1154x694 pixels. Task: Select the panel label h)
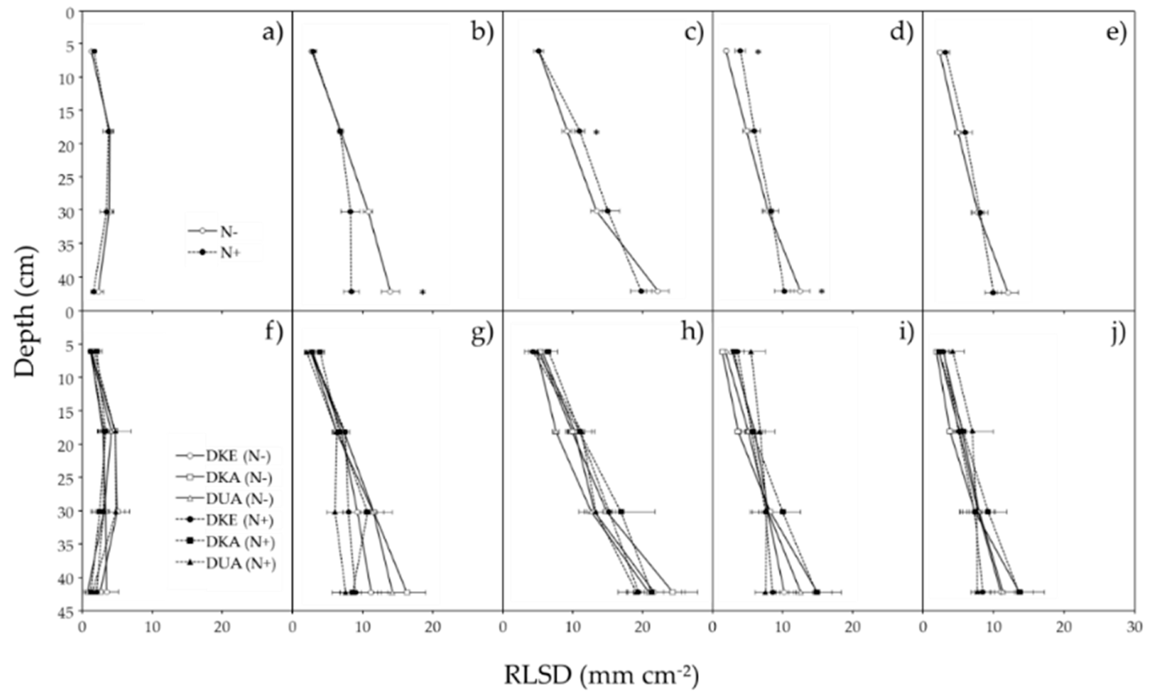[693, 333]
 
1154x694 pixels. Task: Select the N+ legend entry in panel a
[229, 252]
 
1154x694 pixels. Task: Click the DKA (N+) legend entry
[240, 541]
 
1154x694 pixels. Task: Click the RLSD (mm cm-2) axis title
[601, 676]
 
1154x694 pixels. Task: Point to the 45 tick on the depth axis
[68, 611]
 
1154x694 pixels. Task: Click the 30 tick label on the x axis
[1134, 627]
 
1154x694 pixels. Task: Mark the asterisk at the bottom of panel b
[422, 292]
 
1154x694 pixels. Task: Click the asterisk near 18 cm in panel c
[596, 132]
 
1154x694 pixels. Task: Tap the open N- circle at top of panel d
[726, 51]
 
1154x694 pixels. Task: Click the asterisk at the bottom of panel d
[821, 291]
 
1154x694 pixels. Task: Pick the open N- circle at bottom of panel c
[657, 291]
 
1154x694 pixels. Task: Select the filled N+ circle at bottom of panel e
[993, 292]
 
